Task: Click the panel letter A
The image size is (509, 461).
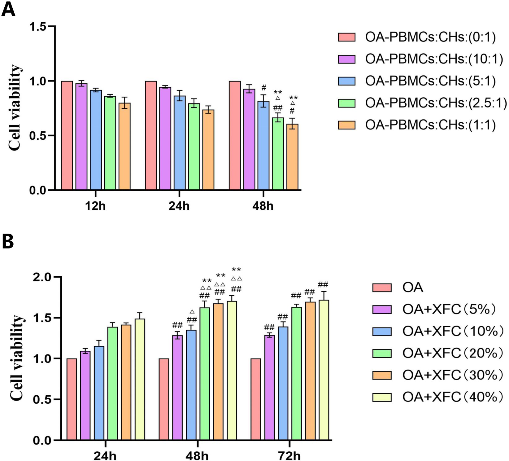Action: [8, 10]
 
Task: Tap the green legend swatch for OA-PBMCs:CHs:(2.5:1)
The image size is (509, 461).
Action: [346, 103]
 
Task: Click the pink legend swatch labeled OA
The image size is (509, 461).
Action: [382, 288]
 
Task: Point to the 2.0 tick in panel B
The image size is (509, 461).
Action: [45, 277]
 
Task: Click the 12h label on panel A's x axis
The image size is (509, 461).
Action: [95, 206]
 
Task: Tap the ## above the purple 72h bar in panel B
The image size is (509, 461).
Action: [269, 327]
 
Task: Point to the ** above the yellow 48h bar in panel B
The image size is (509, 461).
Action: [236, 270]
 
